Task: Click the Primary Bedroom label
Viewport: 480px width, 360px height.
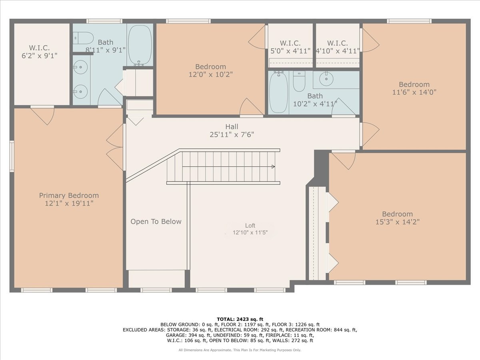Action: [x=69, y=195]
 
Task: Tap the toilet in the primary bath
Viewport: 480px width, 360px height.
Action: [x=83, y=38]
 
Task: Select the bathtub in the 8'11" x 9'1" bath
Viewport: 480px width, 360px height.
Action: [x=140, y=45]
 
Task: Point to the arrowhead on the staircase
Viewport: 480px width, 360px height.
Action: [x=273, y=166]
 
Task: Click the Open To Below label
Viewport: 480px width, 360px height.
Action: [x=156, y=222]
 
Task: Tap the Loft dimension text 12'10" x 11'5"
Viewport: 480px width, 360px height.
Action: [x=250, y=232]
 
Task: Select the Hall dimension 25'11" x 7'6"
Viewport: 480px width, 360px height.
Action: [x=232, y=135]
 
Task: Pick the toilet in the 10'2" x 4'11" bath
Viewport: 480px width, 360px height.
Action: [x=299, y=81]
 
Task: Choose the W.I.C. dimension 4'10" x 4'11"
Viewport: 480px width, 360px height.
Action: [x=338, y=51]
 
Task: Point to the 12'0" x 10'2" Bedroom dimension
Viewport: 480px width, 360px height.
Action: [x=210, y=74]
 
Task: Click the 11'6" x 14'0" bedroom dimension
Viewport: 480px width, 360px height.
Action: [x=414, y=92]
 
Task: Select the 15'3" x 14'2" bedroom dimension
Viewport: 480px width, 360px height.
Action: [x=397, y=222]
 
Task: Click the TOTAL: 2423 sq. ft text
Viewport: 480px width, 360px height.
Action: [x=240, y=319]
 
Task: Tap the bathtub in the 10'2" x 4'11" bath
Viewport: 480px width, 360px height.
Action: [x=278, y=92]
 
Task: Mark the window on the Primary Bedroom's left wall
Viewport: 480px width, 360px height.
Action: [x=12, y=156]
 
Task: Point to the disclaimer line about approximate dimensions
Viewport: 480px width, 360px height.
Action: [x=240, y=350]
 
